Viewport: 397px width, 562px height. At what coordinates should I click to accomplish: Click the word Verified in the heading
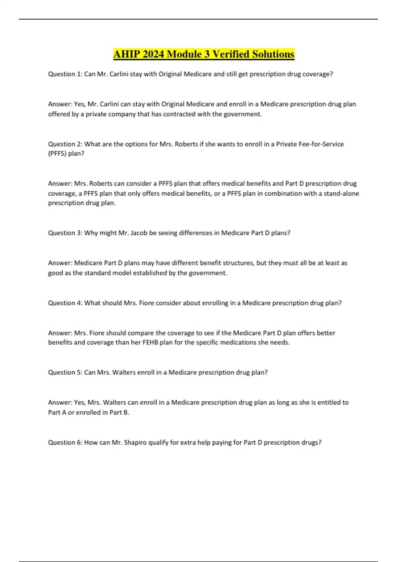pos(230,54)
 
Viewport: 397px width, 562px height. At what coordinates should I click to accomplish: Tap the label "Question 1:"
pos(65,74)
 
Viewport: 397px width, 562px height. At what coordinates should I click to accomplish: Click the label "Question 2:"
pos(65,144)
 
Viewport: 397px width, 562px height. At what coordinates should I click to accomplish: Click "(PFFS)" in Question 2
pos(57,154)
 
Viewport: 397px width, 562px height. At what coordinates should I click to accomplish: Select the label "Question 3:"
pos(65,233)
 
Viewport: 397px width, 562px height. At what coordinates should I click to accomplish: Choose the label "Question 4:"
pos(65,303)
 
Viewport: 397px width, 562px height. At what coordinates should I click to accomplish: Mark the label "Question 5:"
pos(65,373)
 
